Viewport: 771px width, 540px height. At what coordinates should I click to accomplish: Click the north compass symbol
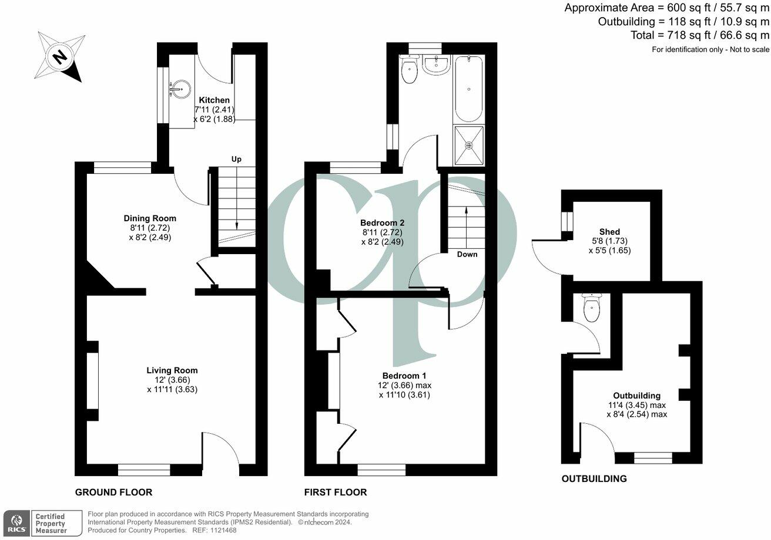click(x=60, y=56)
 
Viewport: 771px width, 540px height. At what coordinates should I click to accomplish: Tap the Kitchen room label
click(x=214, y=100)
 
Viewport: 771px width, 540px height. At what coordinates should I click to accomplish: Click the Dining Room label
click(x=150, y=218)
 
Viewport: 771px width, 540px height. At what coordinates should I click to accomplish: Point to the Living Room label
click(x=172, y=370)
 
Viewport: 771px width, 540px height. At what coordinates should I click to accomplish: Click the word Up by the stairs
click(x=236, y=159)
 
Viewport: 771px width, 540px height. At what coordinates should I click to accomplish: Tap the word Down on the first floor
click(x=467, y=254)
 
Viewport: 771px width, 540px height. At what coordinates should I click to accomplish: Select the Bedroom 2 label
click(x=382, y=223)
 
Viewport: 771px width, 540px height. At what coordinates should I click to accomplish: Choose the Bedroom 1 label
click(x=404, y=376)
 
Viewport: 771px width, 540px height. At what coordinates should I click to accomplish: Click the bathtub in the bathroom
click(x=468, y=88)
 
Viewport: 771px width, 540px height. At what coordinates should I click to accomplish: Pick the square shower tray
click(x=469, y=145)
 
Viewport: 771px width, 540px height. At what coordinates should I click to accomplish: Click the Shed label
click(x=609, y=232)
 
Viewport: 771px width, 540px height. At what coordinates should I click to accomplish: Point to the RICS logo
click(x=16, y=522)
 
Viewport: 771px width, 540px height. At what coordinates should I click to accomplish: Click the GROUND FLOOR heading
click(x=113, y=492)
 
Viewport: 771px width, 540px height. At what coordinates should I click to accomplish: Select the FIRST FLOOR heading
click(x=336, y=492)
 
